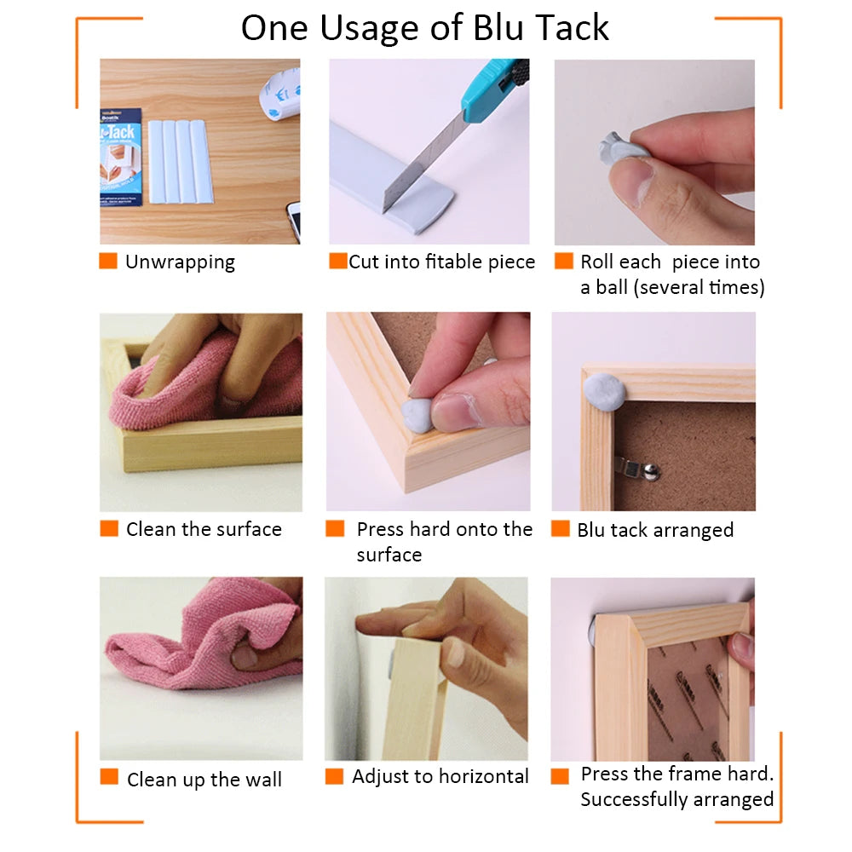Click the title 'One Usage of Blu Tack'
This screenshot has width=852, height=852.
tap(424, 28)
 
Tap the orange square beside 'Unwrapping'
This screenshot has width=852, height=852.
tap(108, 261)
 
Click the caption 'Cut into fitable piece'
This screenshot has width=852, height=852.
tap(441, 262)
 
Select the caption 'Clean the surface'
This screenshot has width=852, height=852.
tap(204, 529)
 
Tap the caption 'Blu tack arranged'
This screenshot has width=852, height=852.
tap(654, 530)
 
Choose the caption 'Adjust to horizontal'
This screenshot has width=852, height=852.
tap(440, 776)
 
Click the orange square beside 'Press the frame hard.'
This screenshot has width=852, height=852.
tap(560, 775)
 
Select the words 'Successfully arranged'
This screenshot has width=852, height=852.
tap(676, 799)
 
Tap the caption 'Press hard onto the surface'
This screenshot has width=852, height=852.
tap(443, 541)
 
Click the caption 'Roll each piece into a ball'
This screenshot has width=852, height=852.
tap(671, 274)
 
